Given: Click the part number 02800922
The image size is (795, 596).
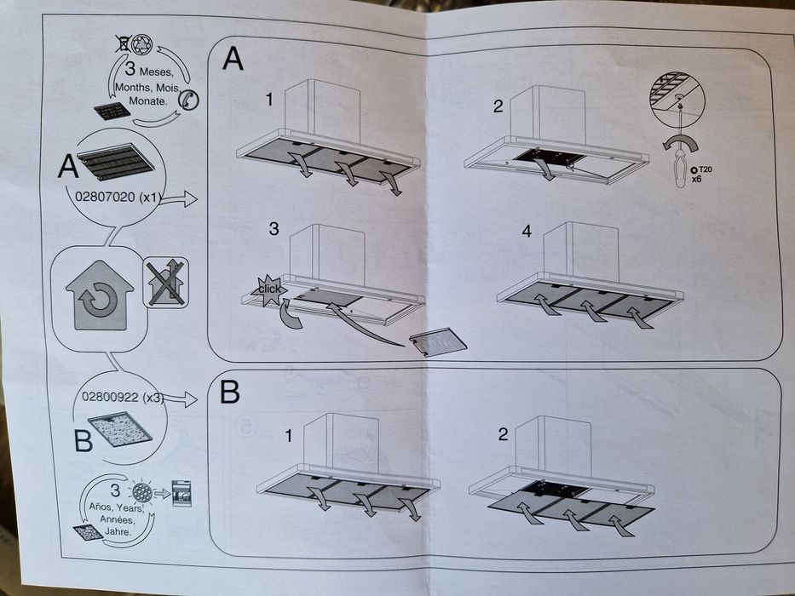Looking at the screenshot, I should (x=109, y=397).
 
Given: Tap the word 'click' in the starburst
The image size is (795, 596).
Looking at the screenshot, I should (x=270, y=289).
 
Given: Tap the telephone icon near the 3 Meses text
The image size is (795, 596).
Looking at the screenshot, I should (x=188, y=100).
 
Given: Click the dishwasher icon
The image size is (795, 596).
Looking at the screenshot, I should (x=181, y=491).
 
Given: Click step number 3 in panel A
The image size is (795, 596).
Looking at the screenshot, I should (x=274, y=228).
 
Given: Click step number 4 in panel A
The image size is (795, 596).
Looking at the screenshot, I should (x=526, y=231).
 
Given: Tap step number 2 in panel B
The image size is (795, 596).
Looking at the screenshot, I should (x=503, y=434).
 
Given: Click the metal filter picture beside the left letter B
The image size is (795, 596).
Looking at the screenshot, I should (x=120, y=430).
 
